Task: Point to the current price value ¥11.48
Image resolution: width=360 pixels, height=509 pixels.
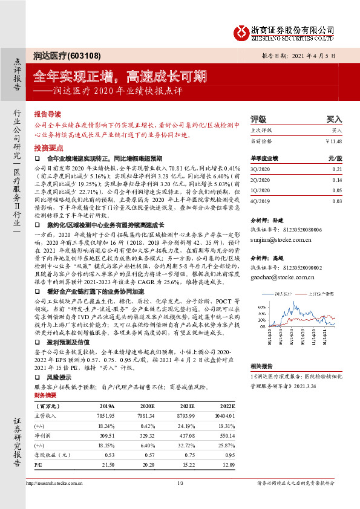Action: pyautogui.click(x=333, y=141)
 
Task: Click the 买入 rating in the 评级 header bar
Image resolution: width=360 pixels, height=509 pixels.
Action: pyautogui.click(x=334, y=120)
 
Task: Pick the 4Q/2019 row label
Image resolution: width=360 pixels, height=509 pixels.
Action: pyautogui.click(x=260, y=200)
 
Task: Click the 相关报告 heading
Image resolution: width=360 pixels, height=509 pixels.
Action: pyautogui.click(x=261, y=366)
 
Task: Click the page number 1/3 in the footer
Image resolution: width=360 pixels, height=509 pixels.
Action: pyautogui.click(x=180, y=482)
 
